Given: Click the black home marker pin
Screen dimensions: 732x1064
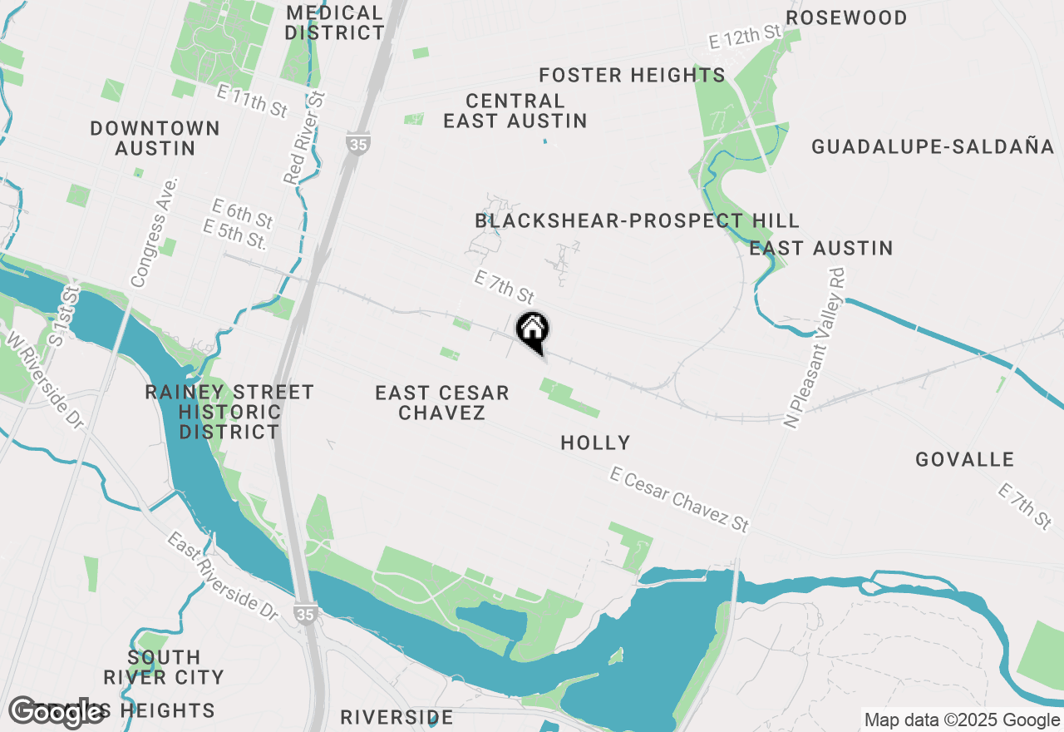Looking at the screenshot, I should [532, 330].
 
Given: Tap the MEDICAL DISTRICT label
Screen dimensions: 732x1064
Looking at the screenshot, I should [334, 23].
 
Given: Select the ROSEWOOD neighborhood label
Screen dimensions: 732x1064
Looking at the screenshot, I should [846, 17].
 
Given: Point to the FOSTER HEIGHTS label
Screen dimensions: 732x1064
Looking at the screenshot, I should [632, 75].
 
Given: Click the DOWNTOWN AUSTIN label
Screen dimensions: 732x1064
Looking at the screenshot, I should [155, 138].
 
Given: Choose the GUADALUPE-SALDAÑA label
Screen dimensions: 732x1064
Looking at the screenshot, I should [933, 147].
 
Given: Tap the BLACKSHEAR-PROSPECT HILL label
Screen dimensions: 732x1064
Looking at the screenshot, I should [637, 220].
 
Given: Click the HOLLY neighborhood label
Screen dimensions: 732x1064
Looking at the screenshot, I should [595, 443].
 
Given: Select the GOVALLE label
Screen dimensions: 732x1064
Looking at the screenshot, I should [964, 459].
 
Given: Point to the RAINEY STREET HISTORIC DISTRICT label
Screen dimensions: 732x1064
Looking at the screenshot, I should [229, 412].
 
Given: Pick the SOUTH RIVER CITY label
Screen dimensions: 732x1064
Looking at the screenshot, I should [164, 666].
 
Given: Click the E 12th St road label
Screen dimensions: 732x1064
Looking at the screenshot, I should [746, 36].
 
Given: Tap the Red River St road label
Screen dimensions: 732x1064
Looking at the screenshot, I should [305, 138].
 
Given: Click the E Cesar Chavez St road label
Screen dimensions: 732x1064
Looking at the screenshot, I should [680, 498].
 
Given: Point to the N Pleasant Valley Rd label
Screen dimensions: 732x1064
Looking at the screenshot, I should [815, 348].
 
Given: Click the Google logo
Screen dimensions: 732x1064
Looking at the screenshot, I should [57, 711].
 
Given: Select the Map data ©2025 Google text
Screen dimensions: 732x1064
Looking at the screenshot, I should [962, 720].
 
